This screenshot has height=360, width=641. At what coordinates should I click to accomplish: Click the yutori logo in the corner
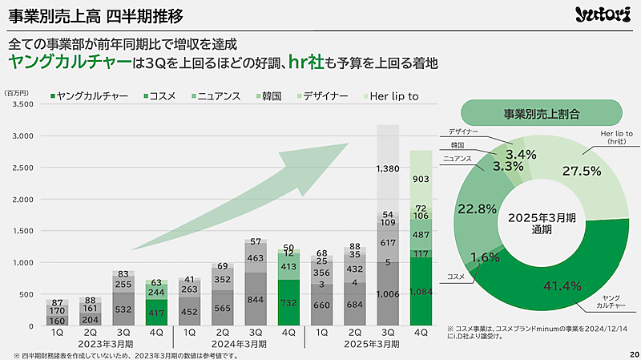tap(602, 15)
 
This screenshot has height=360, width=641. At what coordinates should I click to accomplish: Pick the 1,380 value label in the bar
tap(388, 168)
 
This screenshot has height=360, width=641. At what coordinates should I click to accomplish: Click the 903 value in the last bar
tap(421, 179)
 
